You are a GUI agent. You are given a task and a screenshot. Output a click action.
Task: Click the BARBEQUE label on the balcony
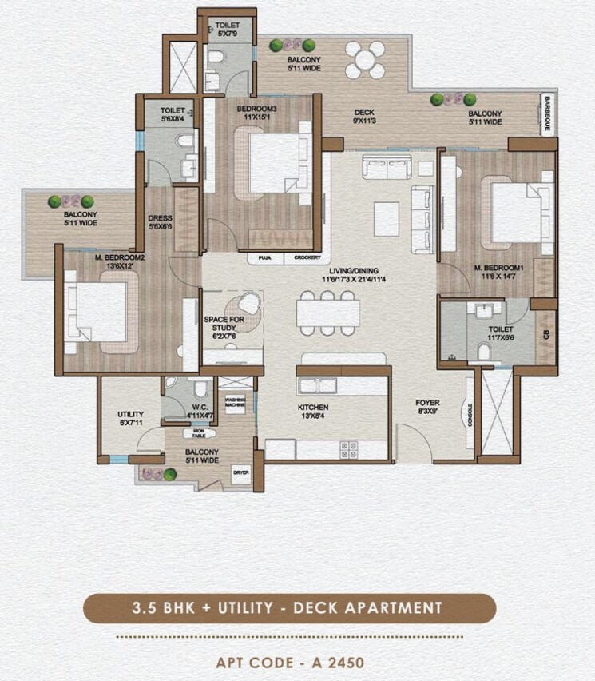click(x=548, y=113)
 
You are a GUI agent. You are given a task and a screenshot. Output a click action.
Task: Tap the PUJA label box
click(x=264, y=258)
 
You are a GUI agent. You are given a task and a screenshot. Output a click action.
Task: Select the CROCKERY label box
click(x=307, y=258)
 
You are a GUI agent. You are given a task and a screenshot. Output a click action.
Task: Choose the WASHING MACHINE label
click(x=235, y=402)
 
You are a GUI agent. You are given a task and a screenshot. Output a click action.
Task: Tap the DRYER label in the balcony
click(x=240, y=472)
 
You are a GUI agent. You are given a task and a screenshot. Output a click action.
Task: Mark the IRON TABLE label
click(x=197, y=432)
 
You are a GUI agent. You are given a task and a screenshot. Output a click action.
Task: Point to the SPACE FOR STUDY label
click(x=224, y=325)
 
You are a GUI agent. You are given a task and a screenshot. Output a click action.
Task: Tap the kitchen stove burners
click(x=348, y=448)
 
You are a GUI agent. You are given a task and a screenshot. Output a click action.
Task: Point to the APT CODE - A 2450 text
click(x=290, y=663)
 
